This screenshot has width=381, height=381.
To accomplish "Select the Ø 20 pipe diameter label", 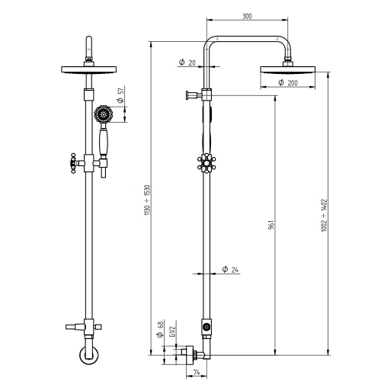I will click(186, 62).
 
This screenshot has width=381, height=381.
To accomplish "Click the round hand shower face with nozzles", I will click(102, 115).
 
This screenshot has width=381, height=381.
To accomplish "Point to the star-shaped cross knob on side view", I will click(205, 165).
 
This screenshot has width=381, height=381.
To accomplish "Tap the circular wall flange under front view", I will click(89, 357).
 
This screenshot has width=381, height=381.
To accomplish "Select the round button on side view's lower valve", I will click(206, 326).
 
